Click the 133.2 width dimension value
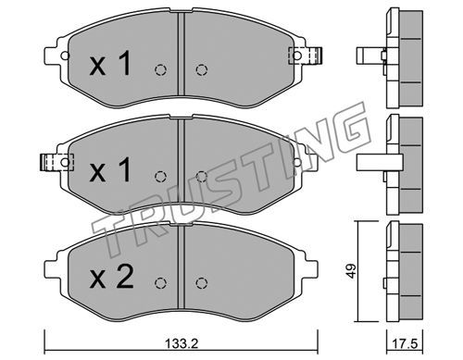[181, 343]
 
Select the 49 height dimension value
[352, 271]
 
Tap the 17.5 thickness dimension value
[405, 343]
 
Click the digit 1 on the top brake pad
[124, 64]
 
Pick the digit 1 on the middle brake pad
[124, 168]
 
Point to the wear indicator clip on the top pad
[305, 56]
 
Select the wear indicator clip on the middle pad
[57, 162]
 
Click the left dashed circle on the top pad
[160, 70]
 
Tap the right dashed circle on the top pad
[201, 70]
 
